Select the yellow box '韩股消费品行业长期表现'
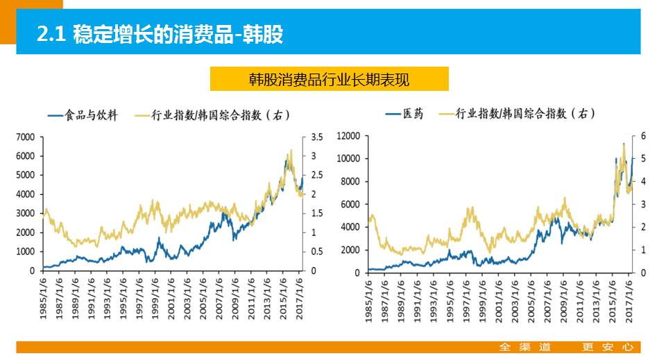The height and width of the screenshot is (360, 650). (329, 79)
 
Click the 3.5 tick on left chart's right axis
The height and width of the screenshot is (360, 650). (316, 137)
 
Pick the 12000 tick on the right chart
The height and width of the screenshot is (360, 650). (348, 136)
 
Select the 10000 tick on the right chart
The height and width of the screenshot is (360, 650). (348, 159)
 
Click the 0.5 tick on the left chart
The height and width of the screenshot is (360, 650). (316, 251)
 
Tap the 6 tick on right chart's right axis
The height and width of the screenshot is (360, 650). (643, 136)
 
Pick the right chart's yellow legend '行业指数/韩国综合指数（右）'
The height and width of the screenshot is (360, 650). (526, 114)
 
